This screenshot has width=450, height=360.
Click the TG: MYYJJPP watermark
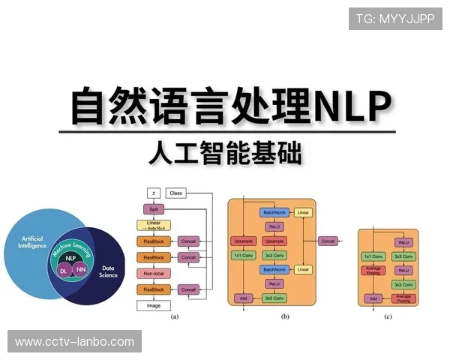click(x=395, y=18)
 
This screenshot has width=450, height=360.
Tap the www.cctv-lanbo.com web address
click(x=74, y=342)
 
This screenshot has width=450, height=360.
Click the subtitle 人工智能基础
click(x=225, y=154)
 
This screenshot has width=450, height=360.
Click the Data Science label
click(x=108, y=272)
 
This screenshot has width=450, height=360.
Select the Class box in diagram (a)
click(x=176, y=193)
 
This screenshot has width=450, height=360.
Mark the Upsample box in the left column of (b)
click(x=243, y=241)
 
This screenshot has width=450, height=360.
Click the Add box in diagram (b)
click(x=243, y=298)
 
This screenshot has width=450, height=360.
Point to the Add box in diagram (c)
click(x=373, y=298)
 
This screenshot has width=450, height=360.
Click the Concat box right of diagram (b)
click(x=328, y=241)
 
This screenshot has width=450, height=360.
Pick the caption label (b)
click(x=285, y=317)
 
